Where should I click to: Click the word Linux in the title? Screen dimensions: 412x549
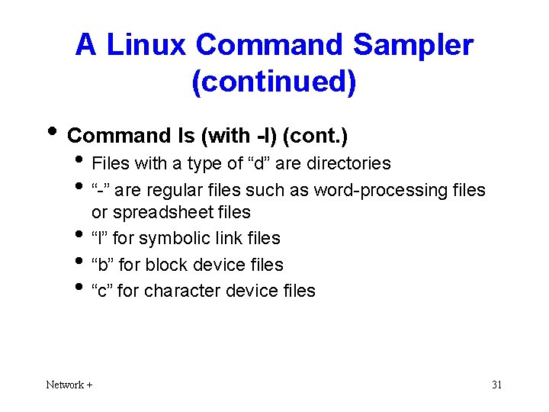(x=147, y=46)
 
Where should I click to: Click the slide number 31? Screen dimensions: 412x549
(x=496, y=385)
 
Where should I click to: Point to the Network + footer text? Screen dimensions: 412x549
(x=69, y=385)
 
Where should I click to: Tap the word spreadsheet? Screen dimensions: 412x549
(x=151, y=211)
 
